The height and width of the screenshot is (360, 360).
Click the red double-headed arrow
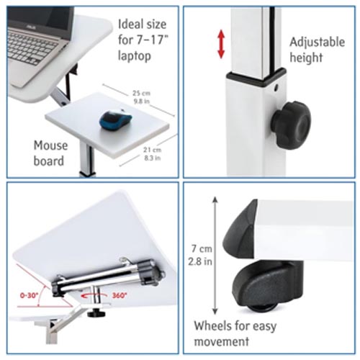coord(221,44)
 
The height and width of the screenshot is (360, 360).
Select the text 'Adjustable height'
coord(317,49)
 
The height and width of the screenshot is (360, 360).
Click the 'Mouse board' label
coord(50,153)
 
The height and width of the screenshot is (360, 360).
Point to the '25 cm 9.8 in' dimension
coord(141,97)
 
